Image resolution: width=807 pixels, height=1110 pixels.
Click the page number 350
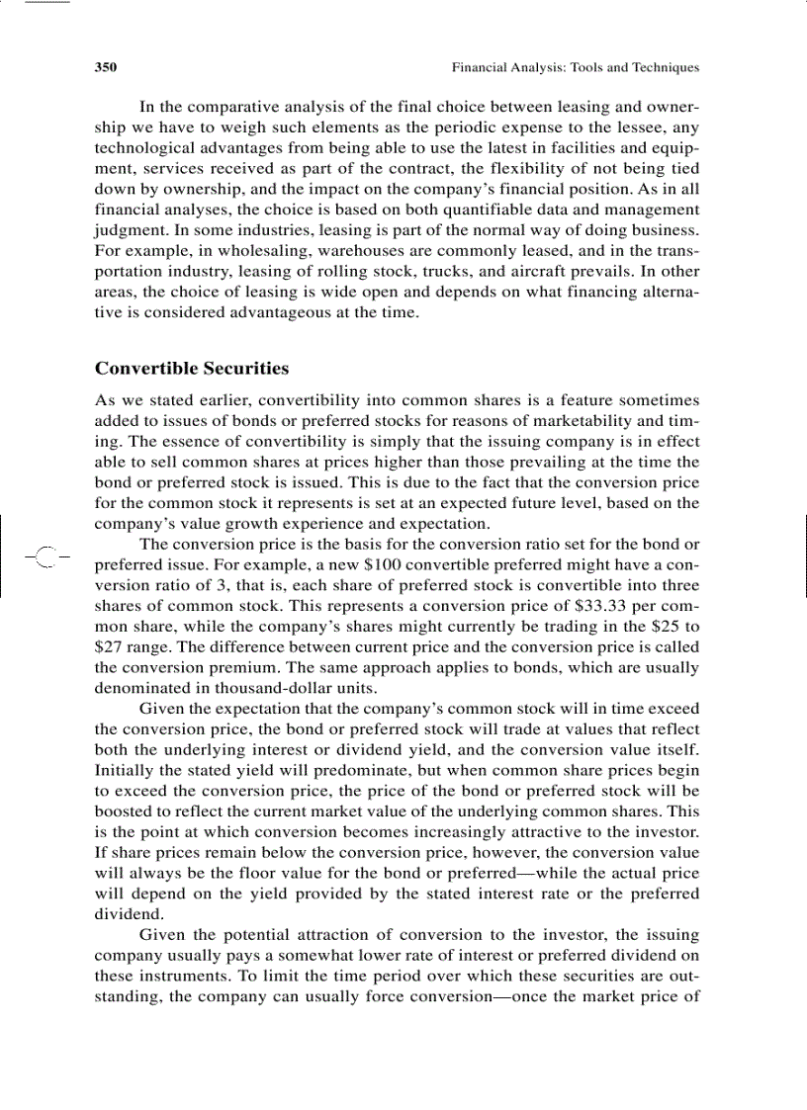106,68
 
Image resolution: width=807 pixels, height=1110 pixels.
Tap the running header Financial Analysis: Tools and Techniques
575,68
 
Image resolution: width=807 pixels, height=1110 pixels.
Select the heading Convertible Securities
192,369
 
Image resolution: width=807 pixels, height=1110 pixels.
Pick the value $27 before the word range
110,648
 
